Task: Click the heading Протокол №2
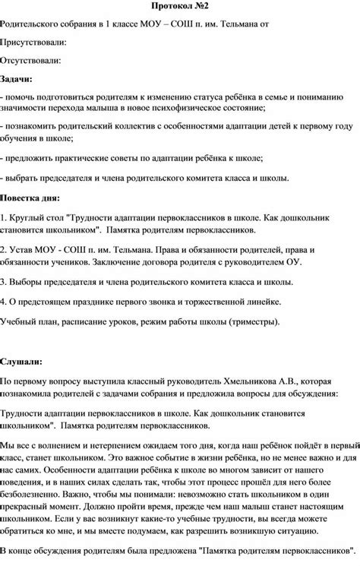[180, 7]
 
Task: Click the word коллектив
[124, 127]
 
